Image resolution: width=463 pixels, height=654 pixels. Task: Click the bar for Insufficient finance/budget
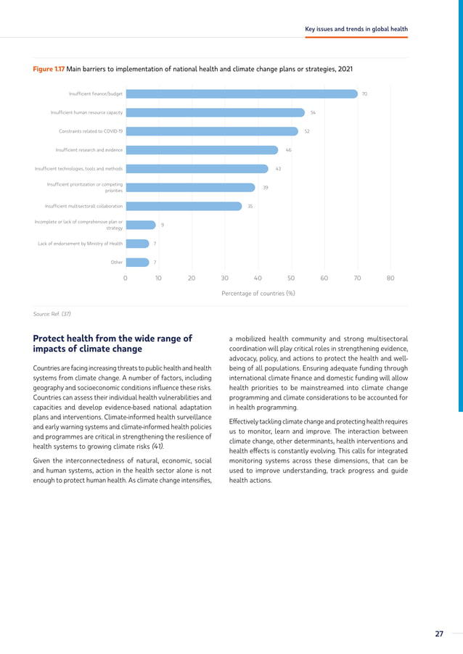tap(241, 94)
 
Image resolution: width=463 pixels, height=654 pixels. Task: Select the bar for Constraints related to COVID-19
tap(211, 131)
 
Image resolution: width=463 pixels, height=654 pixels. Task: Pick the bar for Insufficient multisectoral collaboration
tap(183, 206)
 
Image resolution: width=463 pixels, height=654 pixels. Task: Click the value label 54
tap(313, 112)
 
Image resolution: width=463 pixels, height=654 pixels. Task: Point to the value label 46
tap(288, 150)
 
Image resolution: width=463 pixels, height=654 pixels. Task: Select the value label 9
tap(162, 225)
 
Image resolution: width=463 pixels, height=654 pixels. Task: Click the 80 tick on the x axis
tap(390, 278)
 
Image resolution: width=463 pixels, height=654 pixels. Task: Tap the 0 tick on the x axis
tap(125, 278)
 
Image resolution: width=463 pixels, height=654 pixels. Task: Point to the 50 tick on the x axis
tap(291, 278)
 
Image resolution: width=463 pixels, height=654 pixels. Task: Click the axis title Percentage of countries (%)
tap(258, 294)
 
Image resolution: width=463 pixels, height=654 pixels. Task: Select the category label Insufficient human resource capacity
tap(86, 112)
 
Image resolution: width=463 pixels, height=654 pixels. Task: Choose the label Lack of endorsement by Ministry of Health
tap(80, 244)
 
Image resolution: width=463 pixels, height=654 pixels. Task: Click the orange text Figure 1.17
tap(49, 69)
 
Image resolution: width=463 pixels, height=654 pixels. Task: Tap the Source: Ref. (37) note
tap(52, 314)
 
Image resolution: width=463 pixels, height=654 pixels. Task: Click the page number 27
tap(438, 634)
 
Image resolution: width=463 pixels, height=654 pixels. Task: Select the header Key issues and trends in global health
tap(356, 29)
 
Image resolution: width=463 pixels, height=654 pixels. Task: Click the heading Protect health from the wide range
tap(112, 338)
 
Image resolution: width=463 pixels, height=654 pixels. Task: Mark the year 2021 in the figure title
tap(345, 69)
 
